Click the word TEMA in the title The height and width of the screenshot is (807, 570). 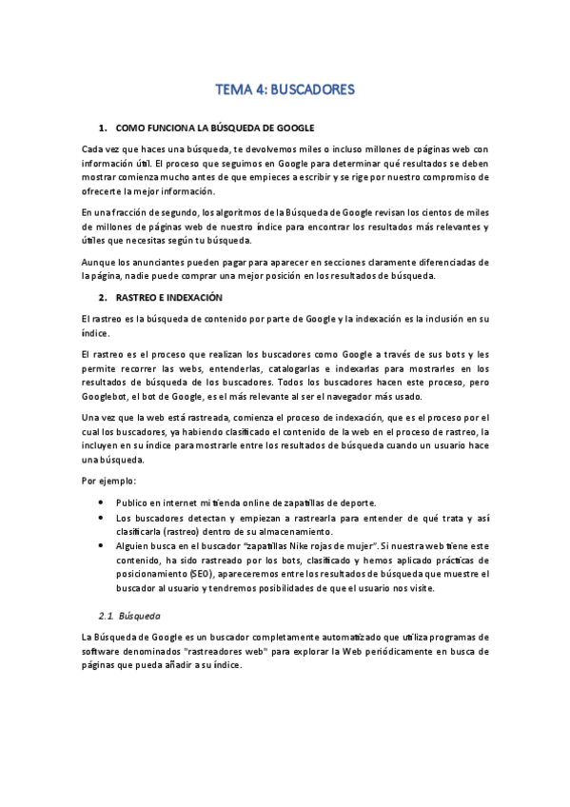coord(233,90)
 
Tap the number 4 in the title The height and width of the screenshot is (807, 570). coord(261,90)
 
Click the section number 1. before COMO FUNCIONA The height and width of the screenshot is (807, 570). coord(103,127)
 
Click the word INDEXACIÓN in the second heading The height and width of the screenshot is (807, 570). coord(190,296)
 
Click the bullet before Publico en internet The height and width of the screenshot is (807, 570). coord(101,502)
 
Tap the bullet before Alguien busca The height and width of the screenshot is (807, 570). coord(101,545)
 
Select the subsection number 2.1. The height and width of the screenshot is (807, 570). coord(111,615)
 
